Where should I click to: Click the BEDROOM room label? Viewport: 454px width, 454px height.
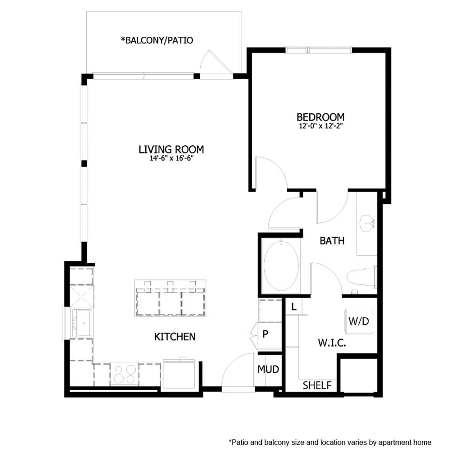(320, 117)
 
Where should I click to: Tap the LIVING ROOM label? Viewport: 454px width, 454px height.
(171, 149)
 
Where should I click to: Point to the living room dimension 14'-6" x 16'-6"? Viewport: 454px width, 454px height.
(171, 158)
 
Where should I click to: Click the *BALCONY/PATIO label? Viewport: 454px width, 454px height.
(156, 40)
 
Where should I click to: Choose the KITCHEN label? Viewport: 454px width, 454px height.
(175, 336)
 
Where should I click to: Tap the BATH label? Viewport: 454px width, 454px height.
(332, 241)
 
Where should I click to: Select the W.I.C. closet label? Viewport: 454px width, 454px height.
(331, 343)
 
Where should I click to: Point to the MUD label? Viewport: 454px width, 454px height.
(268, 370)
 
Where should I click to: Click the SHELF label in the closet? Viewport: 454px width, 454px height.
(317, 386)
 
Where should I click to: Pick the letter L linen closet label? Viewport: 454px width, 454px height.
(293, 306)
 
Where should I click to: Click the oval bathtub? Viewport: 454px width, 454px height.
(281, 266)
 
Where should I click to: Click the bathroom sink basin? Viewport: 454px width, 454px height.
(367, 222)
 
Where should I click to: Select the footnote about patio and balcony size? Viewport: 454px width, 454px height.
(330, 442)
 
